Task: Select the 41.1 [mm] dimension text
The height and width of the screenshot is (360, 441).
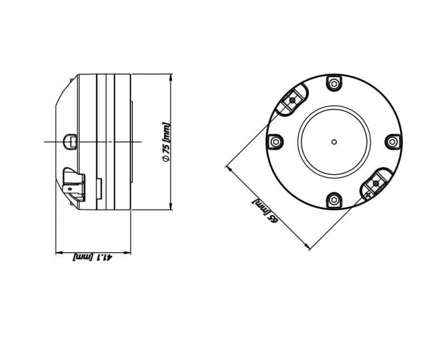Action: point(93,257)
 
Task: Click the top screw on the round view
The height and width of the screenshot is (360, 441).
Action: point(333,84)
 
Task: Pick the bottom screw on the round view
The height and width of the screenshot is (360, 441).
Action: point(333,199)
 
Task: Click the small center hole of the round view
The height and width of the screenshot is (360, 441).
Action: point(333,142)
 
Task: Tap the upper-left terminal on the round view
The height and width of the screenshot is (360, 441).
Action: point(293,101)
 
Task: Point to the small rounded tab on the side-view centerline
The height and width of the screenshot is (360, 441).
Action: point(70,141)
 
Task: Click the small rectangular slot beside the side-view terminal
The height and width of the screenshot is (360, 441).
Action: point(98,188)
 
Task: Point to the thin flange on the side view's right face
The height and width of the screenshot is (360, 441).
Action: point(132,141)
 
